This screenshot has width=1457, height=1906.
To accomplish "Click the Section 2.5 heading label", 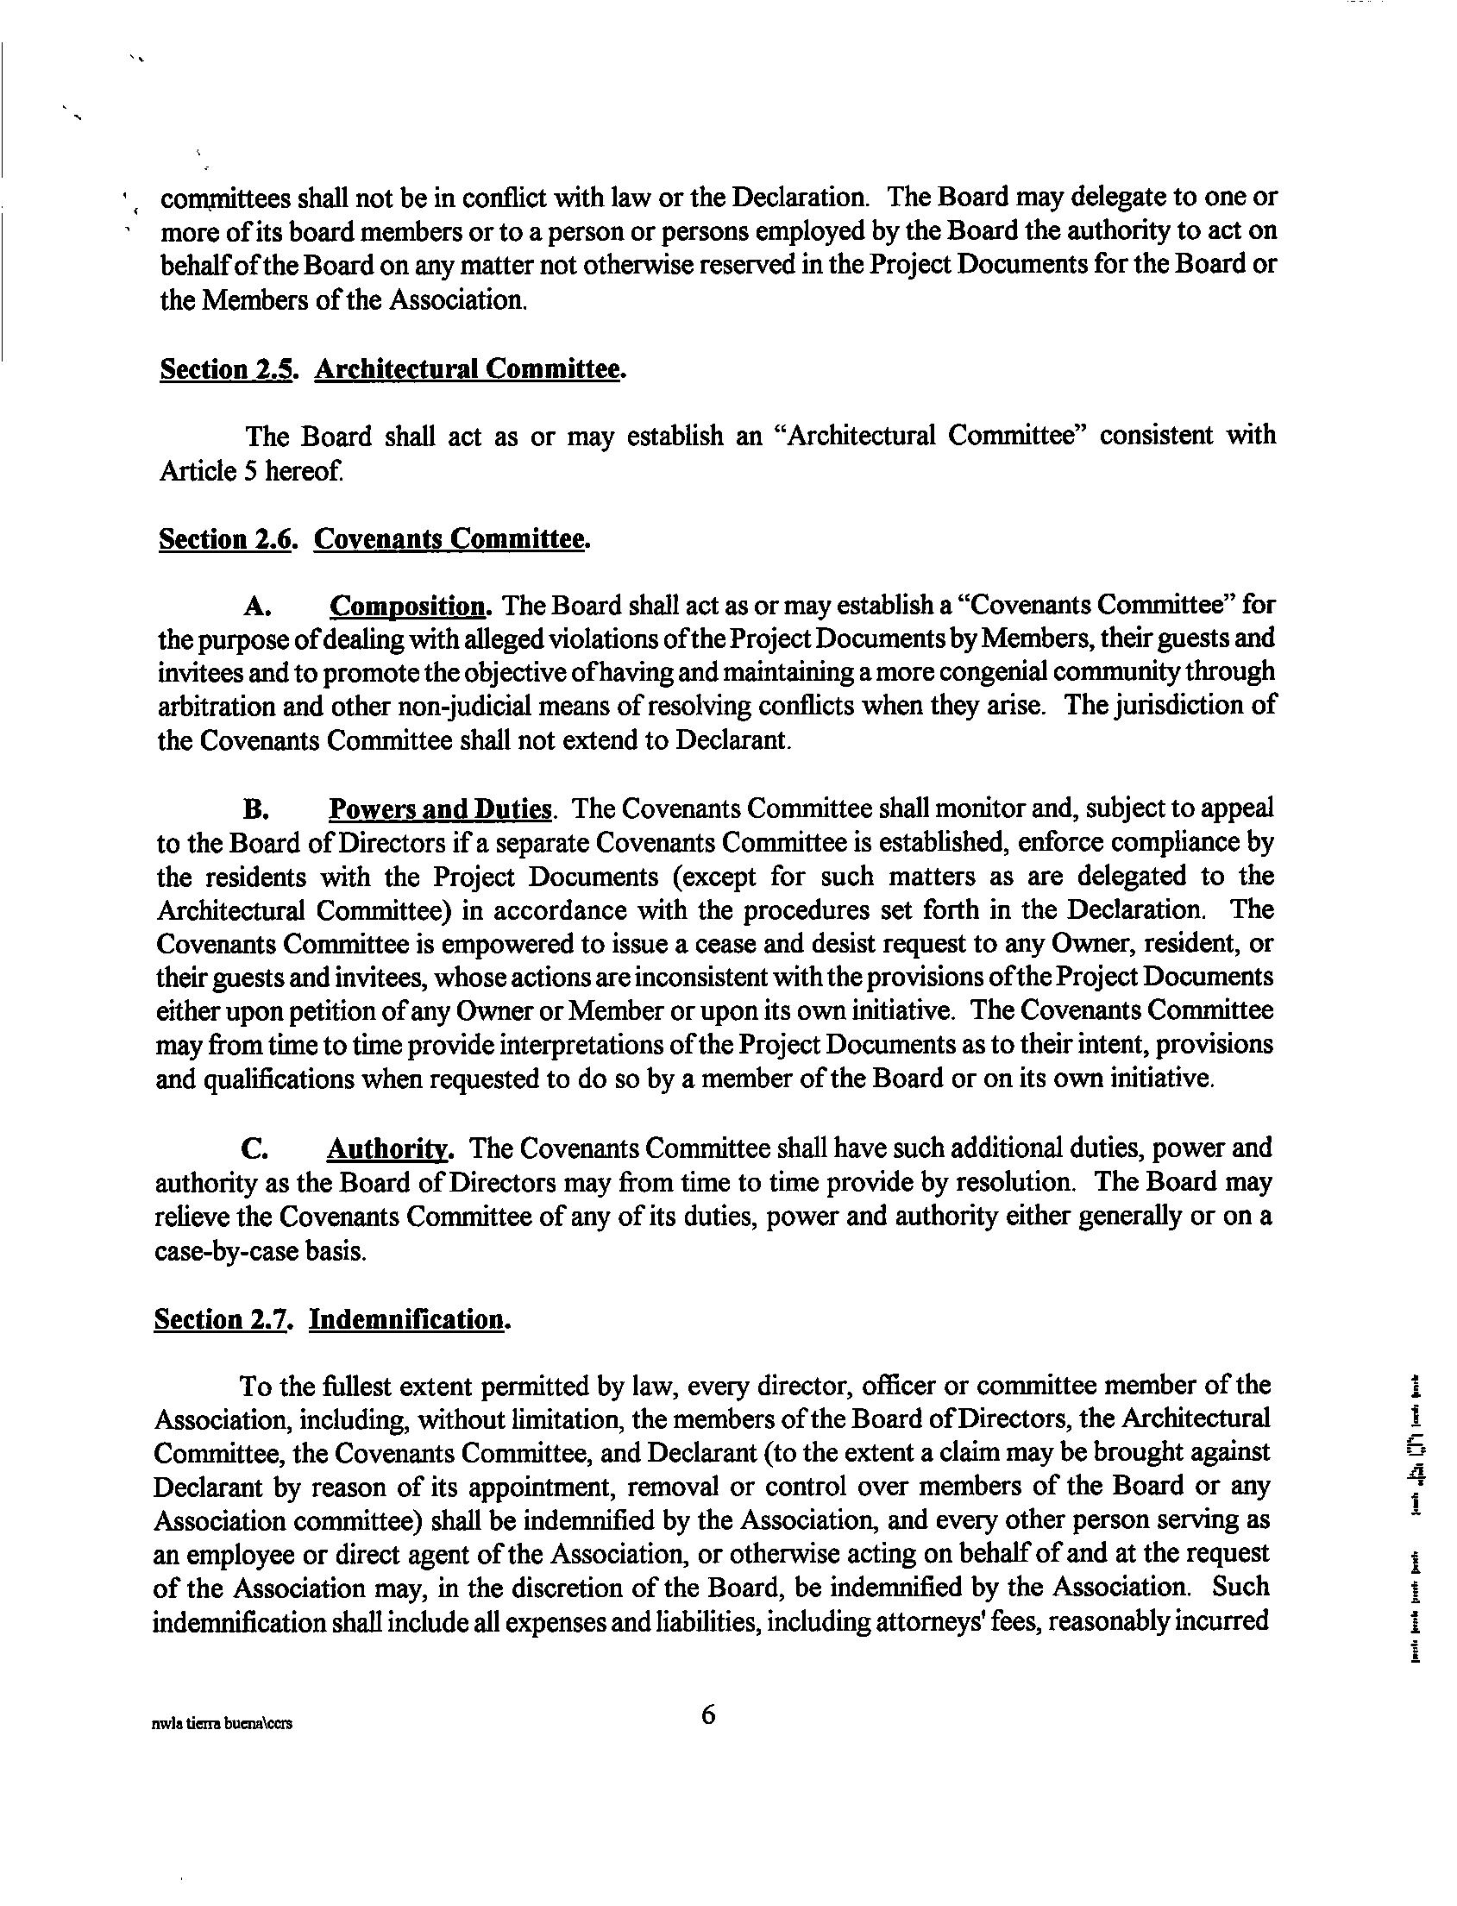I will click(x=229, y=369).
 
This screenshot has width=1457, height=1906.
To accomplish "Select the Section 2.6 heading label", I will click(x=229, y=538).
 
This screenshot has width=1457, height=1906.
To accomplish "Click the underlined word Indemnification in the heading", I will click(x=409, y=1318).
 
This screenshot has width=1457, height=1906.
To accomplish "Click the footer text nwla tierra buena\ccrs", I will click(x=221, y=1724).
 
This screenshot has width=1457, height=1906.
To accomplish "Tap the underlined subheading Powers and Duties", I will click(x=441, y=808).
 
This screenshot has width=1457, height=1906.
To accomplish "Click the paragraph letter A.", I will click(x=254, y=606).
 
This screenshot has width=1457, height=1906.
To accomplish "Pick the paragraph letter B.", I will click(x=254, y=809).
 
